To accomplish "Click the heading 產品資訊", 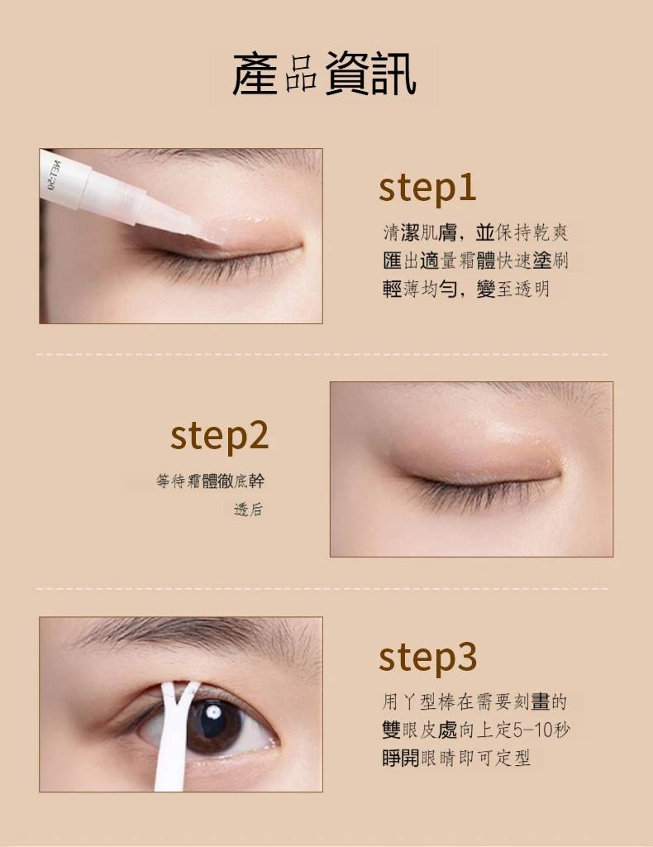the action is click(324, 74).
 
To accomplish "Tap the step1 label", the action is click(427, 188).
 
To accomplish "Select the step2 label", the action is click(219, 437).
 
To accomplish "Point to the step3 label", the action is click(427, 657).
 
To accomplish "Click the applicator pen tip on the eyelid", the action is click(213, 234).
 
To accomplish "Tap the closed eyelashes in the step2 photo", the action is click(475, 491).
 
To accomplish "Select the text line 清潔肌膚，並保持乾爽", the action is click(475, 232).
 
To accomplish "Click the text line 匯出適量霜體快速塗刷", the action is click(475, 261).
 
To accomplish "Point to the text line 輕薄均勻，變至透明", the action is click(465, 289).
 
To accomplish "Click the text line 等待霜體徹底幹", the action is click(211, 481).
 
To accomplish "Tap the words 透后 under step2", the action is click(248, 509).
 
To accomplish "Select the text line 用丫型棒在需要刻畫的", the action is click(475, 701).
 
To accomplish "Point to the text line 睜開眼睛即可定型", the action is click(456, 758).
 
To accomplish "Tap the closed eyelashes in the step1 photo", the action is click(216, 265).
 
